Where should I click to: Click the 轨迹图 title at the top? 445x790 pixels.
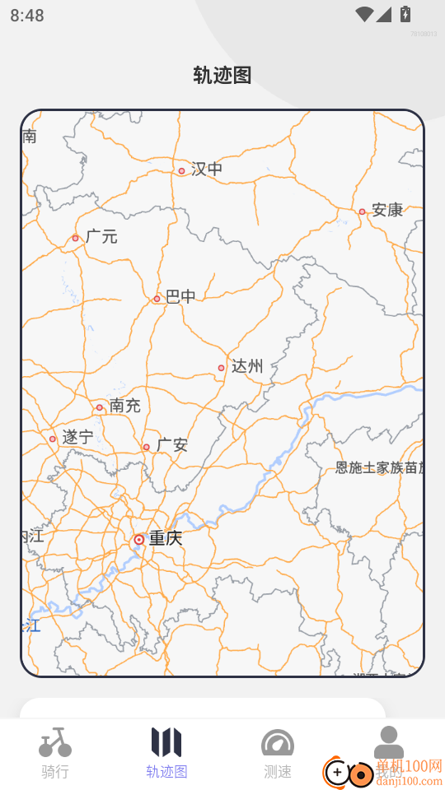tap(222, 76)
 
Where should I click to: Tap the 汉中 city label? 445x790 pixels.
tap(207, 170)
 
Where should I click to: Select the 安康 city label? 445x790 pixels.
tap(387, 210)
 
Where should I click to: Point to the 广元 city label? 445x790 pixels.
tap(101, 237)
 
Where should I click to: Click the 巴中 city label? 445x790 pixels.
tap(181, 297)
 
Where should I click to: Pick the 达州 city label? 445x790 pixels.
tap(246, 366)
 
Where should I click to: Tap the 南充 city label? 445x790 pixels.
tap(125, 406)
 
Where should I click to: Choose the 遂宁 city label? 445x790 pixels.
tap(77, 438)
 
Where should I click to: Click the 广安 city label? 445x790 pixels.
tap(172, 445)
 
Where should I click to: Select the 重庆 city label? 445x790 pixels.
tap(166, 539)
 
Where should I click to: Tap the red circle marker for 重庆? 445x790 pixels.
tap(139, 540)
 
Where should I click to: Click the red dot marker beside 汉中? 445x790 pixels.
tap(181, 171)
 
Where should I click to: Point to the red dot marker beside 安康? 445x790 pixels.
tap(362, 211)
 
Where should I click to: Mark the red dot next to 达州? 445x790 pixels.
tap(221, 368)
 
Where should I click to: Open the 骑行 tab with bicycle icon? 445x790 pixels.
tap(55, 753)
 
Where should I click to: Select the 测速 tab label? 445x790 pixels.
tap(278, 772)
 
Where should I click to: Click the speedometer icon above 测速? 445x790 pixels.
tap(278, 743)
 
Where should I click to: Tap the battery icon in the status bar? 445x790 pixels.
tap(405, 14)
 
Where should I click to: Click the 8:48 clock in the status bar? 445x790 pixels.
tap(27, 16)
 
